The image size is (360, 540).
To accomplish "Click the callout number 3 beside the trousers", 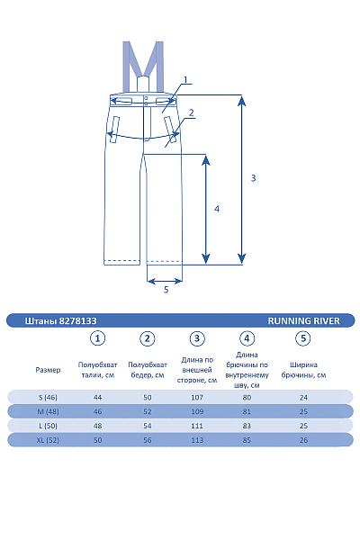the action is coord(253,178).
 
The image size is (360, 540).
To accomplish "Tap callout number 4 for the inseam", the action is coord(217,209).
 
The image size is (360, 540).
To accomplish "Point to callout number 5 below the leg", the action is coord(166,289).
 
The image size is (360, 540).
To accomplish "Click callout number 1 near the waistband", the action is coord(185,80).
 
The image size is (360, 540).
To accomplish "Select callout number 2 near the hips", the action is coord(191,112).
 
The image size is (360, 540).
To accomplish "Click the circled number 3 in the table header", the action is coord(197,338).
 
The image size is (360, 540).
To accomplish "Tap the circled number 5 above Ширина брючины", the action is coord(303,338).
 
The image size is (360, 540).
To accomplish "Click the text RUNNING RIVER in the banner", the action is coord(304,321).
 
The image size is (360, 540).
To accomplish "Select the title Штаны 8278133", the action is coord(60,321).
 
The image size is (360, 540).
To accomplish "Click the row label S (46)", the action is coord(48,398).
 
